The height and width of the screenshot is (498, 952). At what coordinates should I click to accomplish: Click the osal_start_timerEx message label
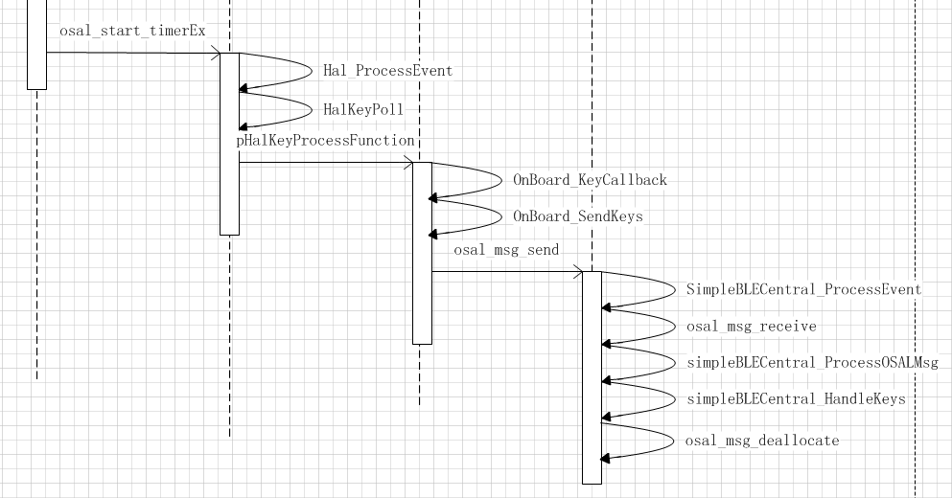pyautogui.click(x=132, y=31)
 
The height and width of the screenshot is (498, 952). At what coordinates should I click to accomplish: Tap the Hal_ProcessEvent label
pyautogui.click(x=387, y=71)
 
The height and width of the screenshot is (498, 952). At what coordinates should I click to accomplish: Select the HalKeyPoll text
pyautogui.click(x=363, y=109)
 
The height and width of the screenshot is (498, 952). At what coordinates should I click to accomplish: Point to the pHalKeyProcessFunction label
pyautogui.click(x=326, y=141)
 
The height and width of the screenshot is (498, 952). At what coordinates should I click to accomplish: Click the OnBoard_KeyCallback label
pyautogui.click(x=590, y=180)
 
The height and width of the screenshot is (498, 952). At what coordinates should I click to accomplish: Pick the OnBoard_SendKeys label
pyautogui.click(x=578, y=216)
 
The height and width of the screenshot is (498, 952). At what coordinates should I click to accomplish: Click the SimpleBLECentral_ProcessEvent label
pyautogui.click(x=803, y=289)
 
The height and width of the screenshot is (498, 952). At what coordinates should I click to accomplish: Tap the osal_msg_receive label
pyautogui.click(x=752, y=327)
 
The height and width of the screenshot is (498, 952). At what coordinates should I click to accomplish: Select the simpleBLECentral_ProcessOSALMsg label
pyautogui.click(x=812, y=363)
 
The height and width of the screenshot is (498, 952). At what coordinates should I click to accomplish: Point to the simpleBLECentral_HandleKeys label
pyautogui.click(x=796, y=399)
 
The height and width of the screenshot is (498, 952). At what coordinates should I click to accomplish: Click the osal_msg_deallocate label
pyautogui.click(x=763, y=441)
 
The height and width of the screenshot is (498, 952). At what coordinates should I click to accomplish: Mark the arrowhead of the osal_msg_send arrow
pyautogui.click(x=578, y=272)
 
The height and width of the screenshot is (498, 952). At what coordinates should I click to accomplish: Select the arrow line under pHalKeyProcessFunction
pyautogui.click(x=326, y=163)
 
